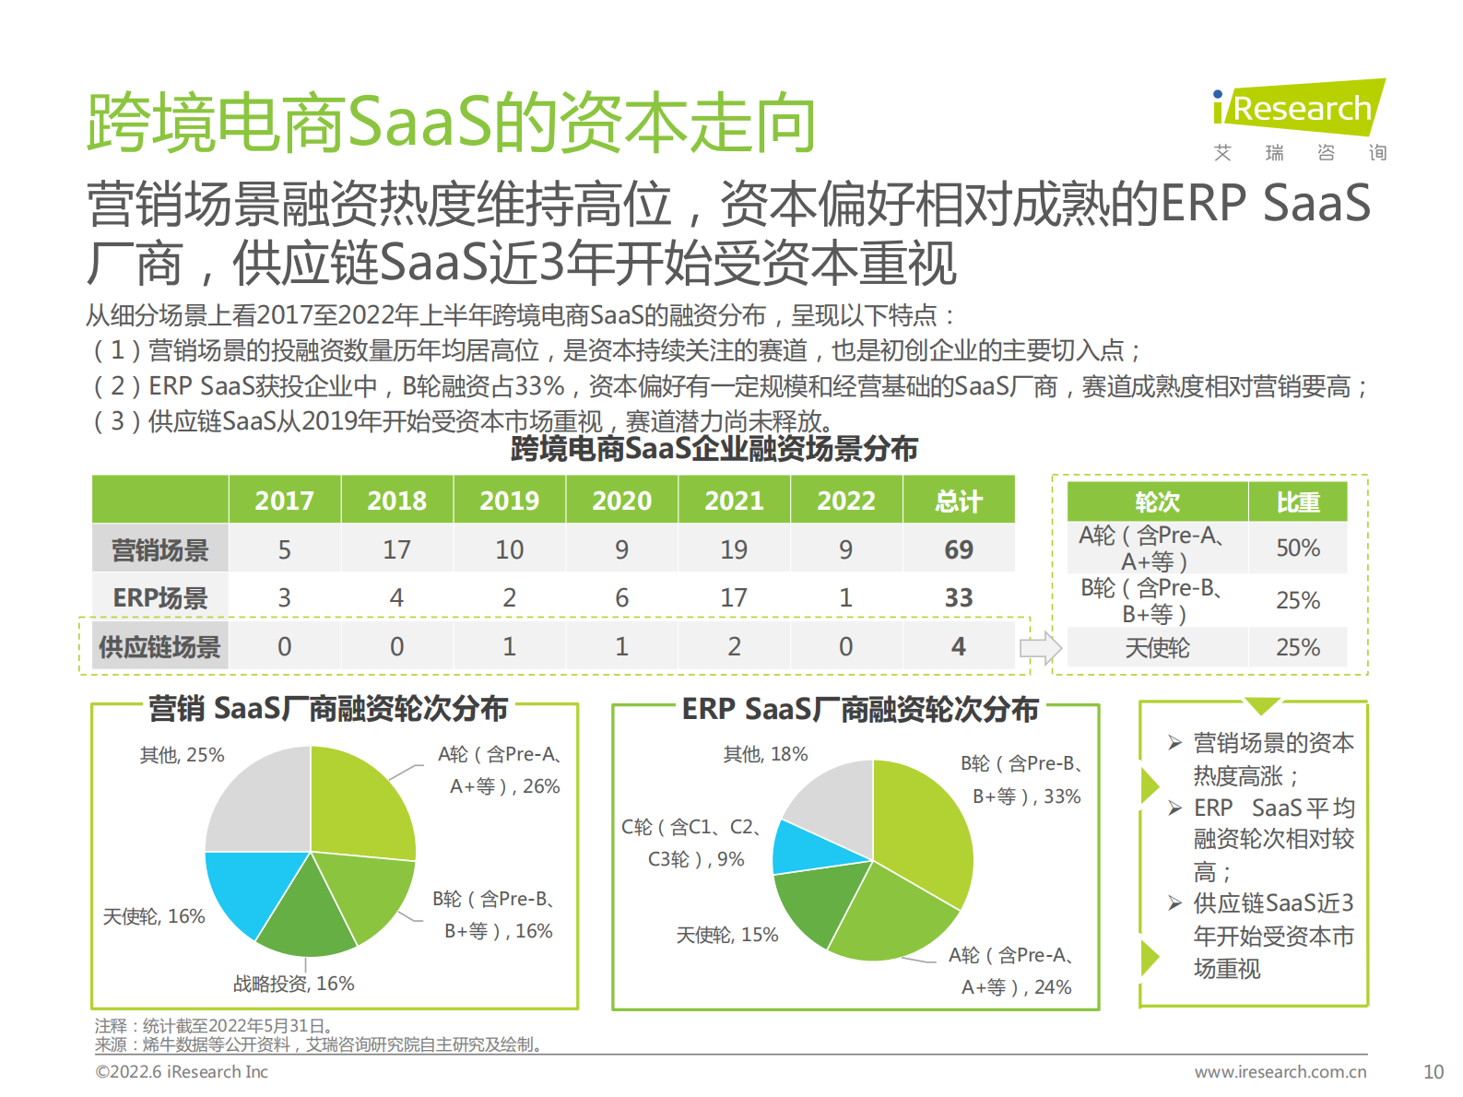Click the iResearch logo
coord(1298,109)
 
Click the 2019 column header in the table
coord(509,501)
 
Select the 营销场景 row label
coord(160,550)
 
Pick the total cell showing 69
coord(958,550)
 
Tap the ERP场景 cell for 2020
coord(621,598)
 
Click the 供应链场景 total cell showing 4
coord(958,646)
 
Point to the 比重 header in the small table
coord(1297,502)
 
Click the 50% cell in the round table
coord(1297,548)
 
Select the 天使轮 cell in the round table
coord(1157,648)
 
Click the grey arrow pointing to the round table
coord(1040,648)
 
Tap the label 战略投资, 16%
coord(293,984)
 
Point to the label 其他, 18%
coord(765,754)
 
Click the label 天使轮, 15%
coord(727,935)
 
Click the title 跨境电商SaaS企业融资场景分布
coord(714,449)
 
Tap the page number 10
coord(1433,1072)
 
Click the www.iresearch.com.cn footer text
coord(1280,1072)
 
